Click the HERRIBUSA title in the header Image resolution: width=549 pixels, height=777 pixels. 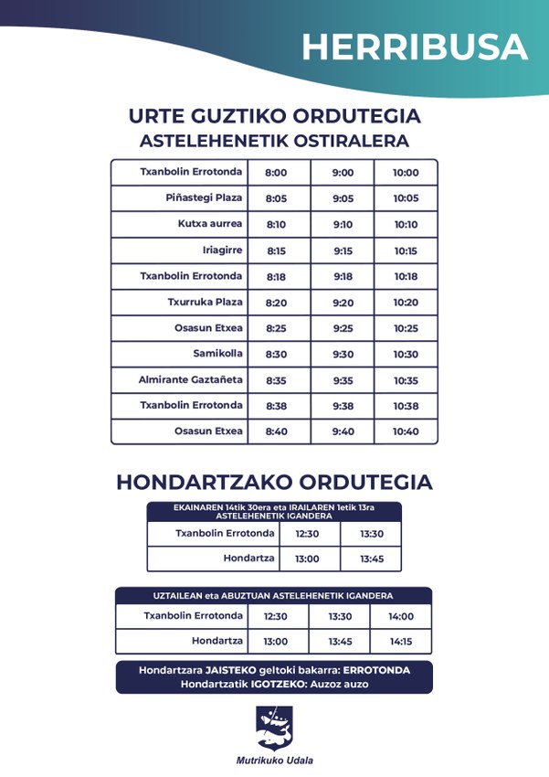(415, 48)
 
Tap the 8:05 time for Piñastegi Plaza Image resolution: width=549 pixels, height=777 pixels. (276, 198)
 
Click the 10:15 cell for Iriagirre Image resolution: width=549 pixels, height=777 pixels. (406, 251)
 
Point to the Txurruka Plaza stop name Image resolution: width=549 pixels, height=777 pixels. (205, 303)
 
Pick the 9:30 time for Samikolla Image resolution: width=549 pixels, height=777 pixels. (343, 355)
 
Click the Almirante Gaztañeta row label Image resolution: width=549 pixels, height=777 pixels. (190, 380)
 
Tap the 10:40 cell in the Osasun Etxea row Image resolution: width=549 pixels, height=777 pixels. (406, 432)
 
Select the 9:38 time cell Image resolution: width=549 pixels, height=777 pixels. (343, 406)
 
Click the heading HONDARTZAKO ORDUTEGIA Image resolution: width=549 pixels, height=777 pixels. (274, 483)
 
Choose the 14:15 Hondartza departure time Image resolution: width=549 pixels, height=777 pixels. (401, 642)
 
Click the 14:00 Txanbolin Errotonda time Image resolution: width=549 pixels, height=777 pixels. (401, 617)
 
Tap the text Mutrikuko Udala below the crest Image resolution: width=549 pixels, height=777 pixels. (274, 761)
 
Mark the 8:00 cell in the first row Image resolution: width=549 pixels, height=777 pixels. (276, 173)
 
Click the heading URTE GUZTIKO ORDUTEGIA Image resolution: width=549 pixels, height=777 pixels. (274, 117)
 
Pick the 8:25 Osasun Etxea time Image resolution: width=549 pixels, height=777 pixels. (276, 328)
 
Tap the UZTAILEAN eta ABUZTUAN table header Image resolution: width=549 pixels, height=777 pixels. (273, 596)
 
